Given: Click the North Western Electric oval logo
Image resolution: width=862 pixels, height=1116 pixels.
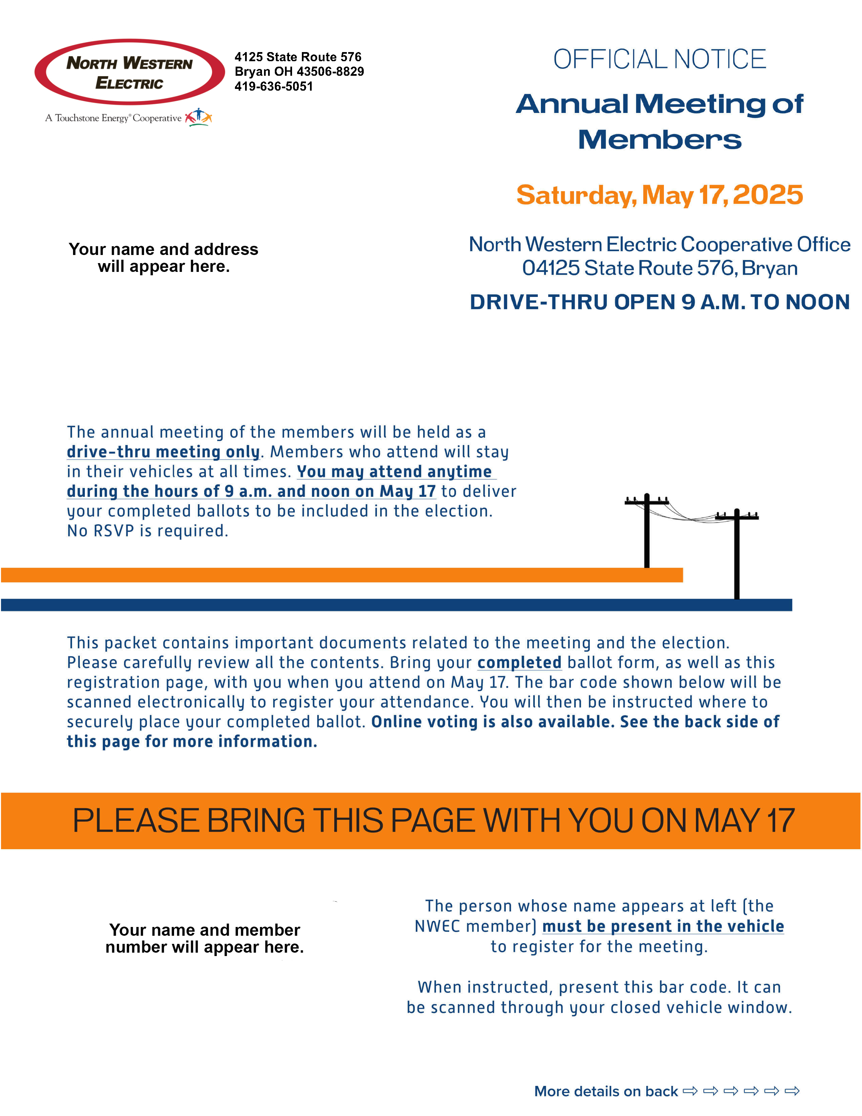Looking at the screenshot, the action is [130, 72].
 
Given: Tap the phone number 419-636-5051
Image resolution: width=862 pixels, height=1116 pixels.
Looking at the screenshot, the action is [274, 86].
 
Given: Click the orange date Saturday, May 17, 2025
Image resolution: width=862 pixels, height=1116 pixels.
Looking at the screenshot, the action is [659, 195].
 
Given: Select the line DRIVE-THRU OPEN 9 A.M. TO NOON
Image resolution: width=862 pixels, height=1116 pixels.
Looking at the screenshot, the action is [660, 302].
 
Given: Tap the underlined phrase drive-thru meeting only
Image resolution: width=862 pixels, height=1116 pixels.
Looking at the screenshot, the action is [163, 452].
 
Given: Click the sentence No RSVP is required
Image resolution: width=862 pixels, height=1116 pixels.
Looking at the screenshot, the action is [148, 531].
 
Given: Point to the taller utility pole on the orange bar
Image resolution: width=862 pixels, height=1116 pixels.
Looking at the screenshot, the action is [647, 530].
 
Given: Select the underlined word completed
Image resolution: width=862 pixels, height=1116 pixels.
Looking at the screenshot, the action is [519, 663].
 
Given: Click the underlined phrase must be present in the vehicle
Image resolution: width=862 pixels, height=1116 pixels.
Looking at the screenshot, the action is [663, 926].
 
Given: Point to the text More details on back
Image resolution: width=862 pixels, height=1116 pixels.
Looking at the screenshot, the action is [606, 1091].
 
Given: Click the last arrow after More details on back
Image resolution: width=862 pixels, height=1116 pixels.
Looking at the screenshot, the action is [792, 1091].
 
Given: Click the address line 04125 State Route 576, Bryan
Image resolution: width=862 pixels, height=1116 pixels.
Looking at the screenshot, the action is [660, 268].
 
